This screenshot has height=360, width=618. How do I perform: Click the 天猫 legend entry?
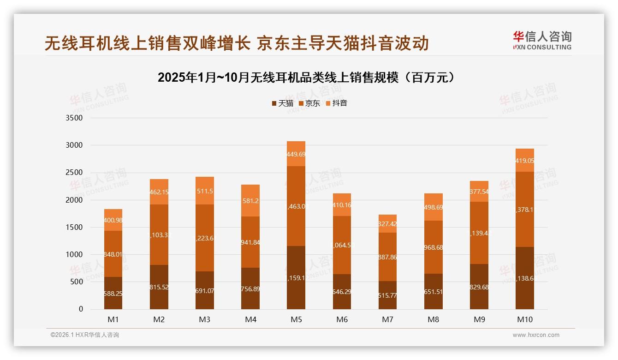(282, 103)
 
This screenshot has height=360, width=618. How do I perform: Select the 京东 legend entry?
(309, 103)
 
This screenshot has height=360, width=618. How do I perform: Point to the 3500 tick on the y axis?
(74, 118)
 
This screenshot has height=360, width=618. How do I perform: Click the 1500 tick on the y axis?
(74, 228)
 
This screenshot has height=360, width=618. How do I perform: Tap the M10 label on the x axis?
(525, 319)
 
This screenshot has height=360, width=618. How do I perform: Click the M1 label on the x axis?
(113, 319)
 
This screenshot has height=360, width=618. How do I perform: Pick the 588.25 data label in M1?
(113, 294)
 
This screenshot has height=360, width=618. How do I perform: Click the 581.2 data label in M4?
(250, 201)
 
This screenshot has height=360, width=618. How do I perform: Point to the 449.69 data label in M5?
(296, 154)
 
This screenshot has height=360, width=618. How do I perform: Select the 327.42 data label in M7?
(387, 224)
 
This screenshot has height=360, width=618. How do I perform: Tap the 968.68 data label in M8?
(433, 248)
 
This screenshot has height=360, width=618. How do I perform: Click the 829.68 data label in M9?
(479, 288)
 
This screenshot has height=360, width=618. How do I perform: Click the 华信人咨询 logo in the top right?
(542, 40)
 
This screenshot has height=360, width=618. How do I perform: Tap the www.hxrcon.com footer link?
(536, 335)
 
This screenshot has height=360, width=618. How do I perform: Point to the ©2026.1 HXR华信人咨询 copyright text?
(85, 335)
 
